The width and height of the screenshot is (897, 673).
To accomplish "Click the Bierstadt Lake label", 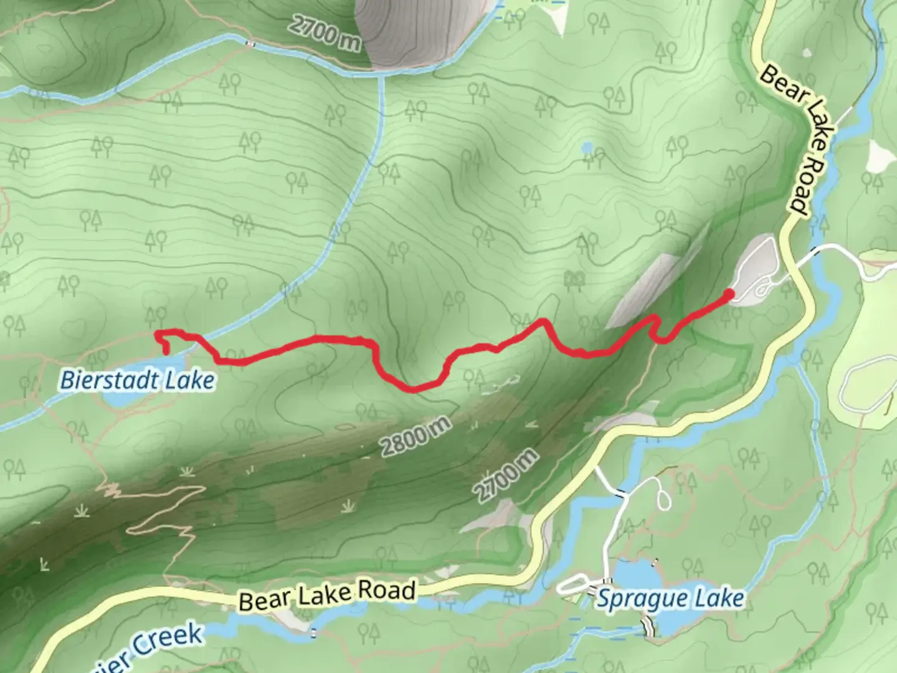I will tap(137, 379).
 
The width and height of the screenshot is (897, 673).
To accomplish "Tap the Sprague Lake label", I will tap(670, 599).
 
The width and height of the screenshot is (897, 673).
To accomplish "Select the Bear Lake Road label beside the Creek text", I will tap(327, 595).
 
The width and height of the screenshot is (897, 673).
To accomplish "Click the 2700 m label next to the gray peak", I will tap(325, 33).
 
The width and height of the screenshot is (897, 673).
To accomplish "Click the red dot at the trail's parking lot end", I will tap(728, 293).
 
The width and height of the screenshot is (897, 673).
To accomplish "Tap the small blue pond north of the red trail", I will tap(587, 148).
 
